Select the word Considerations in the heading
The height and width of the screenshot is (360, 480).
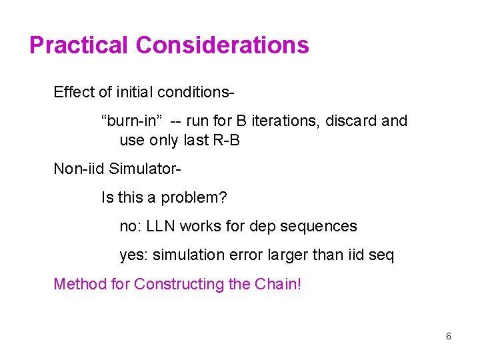point(222,45)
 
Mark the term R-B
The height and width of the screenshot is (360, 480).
point(226,141)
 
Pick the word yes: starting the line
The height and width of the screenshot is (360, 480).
point(132,255)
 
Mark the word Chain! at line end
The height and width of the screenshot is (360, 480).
point(278,285)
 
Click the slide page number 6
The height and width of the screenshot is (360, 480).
point(448,337)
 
